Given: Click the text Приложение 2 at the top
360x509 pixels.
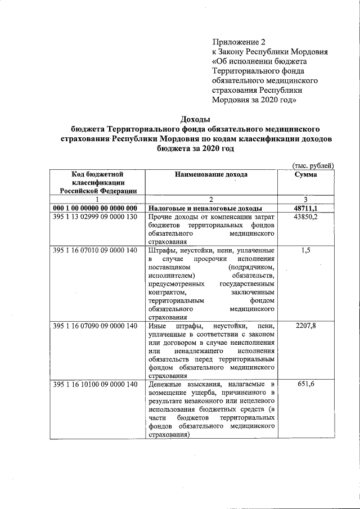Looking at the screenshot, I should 238,42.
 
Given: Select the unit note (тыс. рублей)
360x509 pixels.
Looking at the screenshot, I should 313,165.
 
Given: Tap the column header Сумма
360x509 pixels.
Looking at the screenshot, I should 305,174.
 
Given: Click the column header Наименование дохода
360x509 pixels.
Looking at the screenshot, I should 211,174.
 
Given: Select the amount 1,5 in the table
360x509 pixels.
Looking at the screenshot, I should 305,250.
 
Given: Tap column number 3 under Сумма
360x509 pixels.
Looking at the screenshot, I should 305,199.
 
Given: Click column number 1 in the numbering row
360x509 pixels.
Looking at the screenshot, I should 97,199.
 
